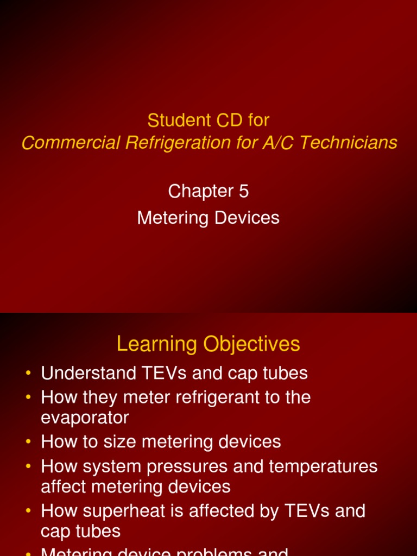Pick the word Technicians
(x=348, y=143)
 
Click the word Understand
(x=85, y=374)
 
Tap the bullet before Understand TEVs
(x=28, y=374)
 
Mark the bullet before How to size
(x=28, y=442)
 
